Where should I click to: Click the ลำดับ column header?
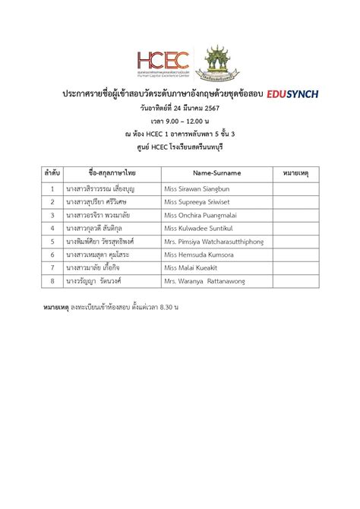[x=52, y=172]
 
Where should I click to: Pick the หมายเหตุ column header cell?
[x=294, y=172]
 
